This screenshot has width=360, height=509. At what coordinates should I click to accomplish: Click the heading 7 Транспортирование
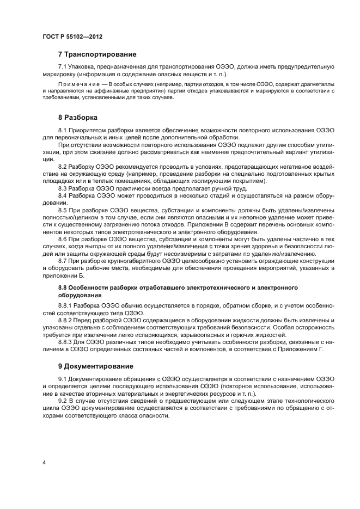(97, 54)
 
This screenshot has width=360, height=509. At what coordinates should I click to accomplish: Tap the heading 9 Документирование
(95, 366)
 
